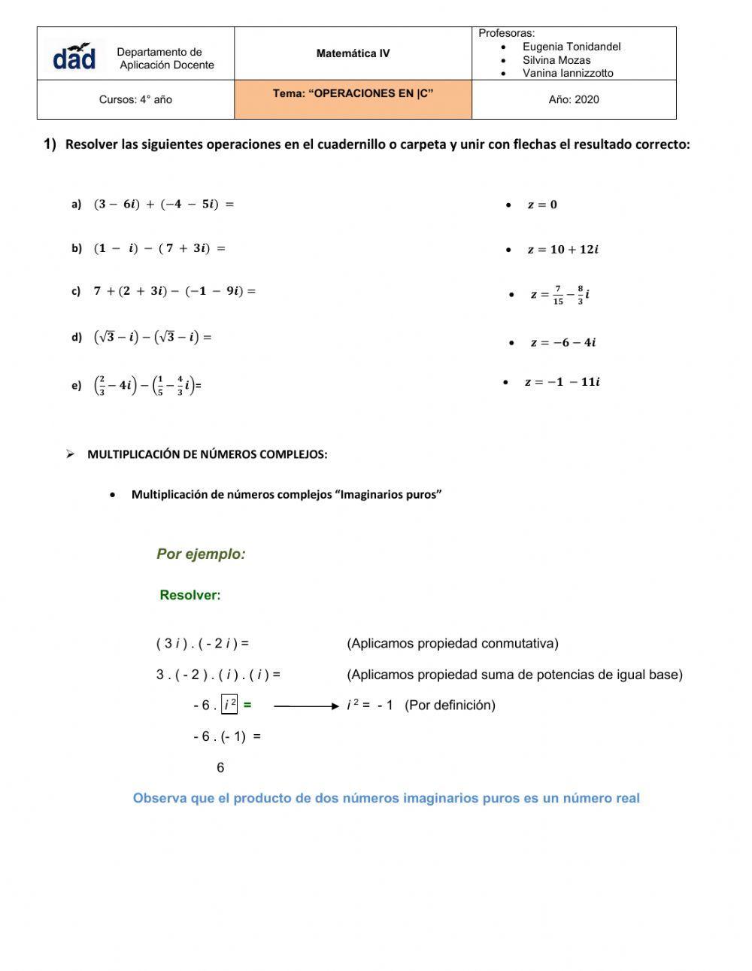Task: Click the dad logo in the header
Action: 74,56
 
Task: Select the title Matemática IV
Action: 353,53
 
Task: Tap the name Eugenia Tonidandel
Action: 572,47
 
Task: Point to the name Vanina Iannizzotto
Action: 568,73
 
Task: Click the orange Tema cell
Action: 353,99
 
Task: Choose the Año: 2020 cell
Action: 574,99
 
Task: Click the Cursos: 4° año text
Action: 135,99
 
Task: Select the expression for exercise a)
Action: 164,204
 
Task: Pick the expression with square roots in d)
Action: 153,337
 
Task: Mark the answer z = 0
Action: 542,205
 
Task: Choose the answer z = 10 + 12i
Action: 562,250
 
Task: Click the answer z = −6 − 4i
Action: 562,343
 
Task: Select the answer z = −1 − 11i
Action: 562,382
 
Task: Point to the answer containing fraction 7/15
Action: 559,295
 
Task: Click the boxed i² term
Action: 229,705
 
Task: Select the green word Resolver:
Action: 190,596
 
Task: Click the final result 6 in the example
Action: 220,768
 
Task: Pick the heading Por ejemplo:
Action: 201,554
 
